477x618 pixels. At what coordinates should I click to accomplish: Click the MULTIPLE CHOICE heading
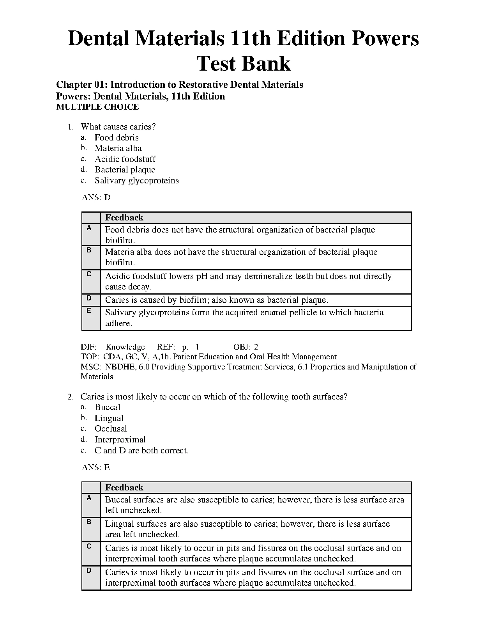[97, 107]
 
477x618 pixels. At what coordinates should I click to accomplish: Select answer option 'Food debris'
[117, 137]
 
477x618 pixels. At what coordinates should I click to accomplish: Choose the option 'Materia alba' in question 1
[118, 148]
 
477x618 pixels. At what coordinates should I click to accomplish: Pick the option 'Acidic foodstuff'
[125, 159]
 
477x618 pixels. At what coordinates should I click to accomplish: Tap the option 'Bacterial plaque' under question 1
[125, 170]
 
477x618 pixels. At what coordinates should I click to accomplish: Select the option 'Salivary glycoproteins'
[136, 181]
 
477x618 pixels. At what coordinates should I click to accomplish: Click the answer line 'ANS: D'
[96, 197]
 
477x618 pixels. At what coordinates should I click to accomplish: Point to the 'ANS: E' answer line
[96, 467]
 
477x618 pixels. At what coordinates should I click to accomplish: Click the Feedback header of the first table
[124, 218]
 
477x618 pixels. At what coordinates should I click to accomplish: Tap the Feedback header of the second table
[124, 488]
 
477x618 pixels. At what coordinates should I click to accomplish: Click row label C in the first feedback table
[89, 274]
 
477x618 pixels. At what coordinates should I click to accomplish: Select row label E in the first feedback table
[89, 311]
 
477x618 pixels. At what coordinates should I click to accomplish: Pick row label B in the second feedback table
[89, 522]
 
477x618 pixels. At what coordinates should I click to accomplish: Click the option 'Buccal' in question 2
[107, 407]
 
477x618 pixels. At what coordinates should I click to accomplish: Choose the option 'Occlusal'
[111, 429]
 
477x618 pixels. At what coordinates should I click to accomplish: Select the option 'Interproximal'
[120, 440]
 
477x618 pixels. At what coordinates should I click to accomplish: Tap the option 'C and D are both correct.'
[141, 451]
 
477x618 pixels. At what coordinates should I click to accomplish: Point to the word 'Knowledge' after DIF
[125, 347]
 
